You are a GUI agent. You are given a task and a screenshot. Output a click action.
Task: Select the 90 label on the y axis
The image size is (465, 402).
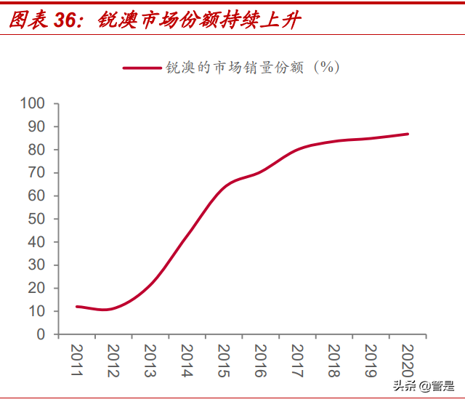point(37,127)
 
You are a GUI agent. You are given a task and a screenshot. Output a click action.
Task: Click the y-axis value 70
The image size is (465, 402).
point(37,173)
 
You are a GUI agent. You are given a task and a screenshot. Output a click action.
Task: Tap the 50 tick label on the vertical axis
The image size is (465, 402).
point(37,219)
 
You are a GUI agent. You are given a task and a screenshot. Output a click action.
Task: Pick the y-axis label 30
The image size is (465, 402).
point(37,265)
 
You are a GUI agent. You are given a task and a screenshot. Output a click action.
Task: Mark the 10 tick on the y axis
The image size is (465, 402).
point(37,311)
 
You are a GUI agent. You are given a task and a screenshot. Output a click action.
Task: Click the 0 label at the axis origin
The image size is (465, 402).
point(41,334)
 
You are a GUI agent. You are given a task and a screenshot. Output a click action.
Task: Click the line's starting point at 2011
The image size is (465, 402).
point(77,307)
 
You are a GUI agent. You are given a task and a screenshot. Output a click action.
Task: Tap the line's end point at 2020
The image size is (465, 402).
point(408,134)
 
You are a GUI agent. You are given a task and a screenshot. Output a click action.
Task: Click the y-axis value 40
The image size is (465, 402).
point(37,242)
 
